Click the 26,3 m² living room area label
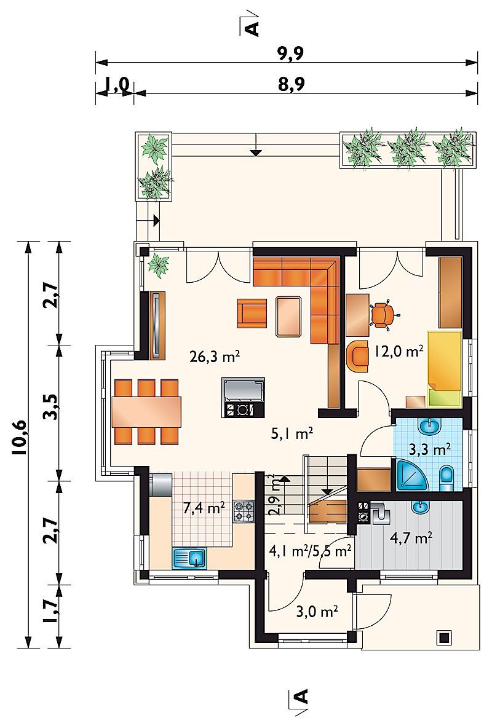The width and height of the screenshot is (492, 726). click(215, 357)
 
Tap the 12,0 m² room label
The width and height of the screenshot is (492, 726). click(399, 352)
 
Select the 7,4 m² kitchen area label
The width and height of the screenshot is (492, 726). click(204, 508)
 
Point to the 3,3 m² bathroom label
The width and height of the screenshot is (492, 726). click(430, 449)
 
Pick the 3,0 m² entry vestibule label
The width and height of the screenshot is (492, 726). click(317, 612)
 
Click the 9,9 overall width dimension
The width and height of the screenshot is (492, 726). click(290, 53)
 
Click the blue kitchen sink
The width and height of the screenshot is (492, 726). click(190, 558)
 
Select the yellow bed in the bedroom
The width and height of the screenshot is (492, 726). click(445, 369)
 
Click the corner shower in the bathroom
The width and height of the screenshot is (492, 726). click(411, 475)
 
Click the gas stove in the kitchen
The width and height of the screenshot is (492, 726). click(244, 512)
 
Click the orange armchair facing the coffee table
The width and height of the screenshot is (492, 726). click(253, 314)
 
